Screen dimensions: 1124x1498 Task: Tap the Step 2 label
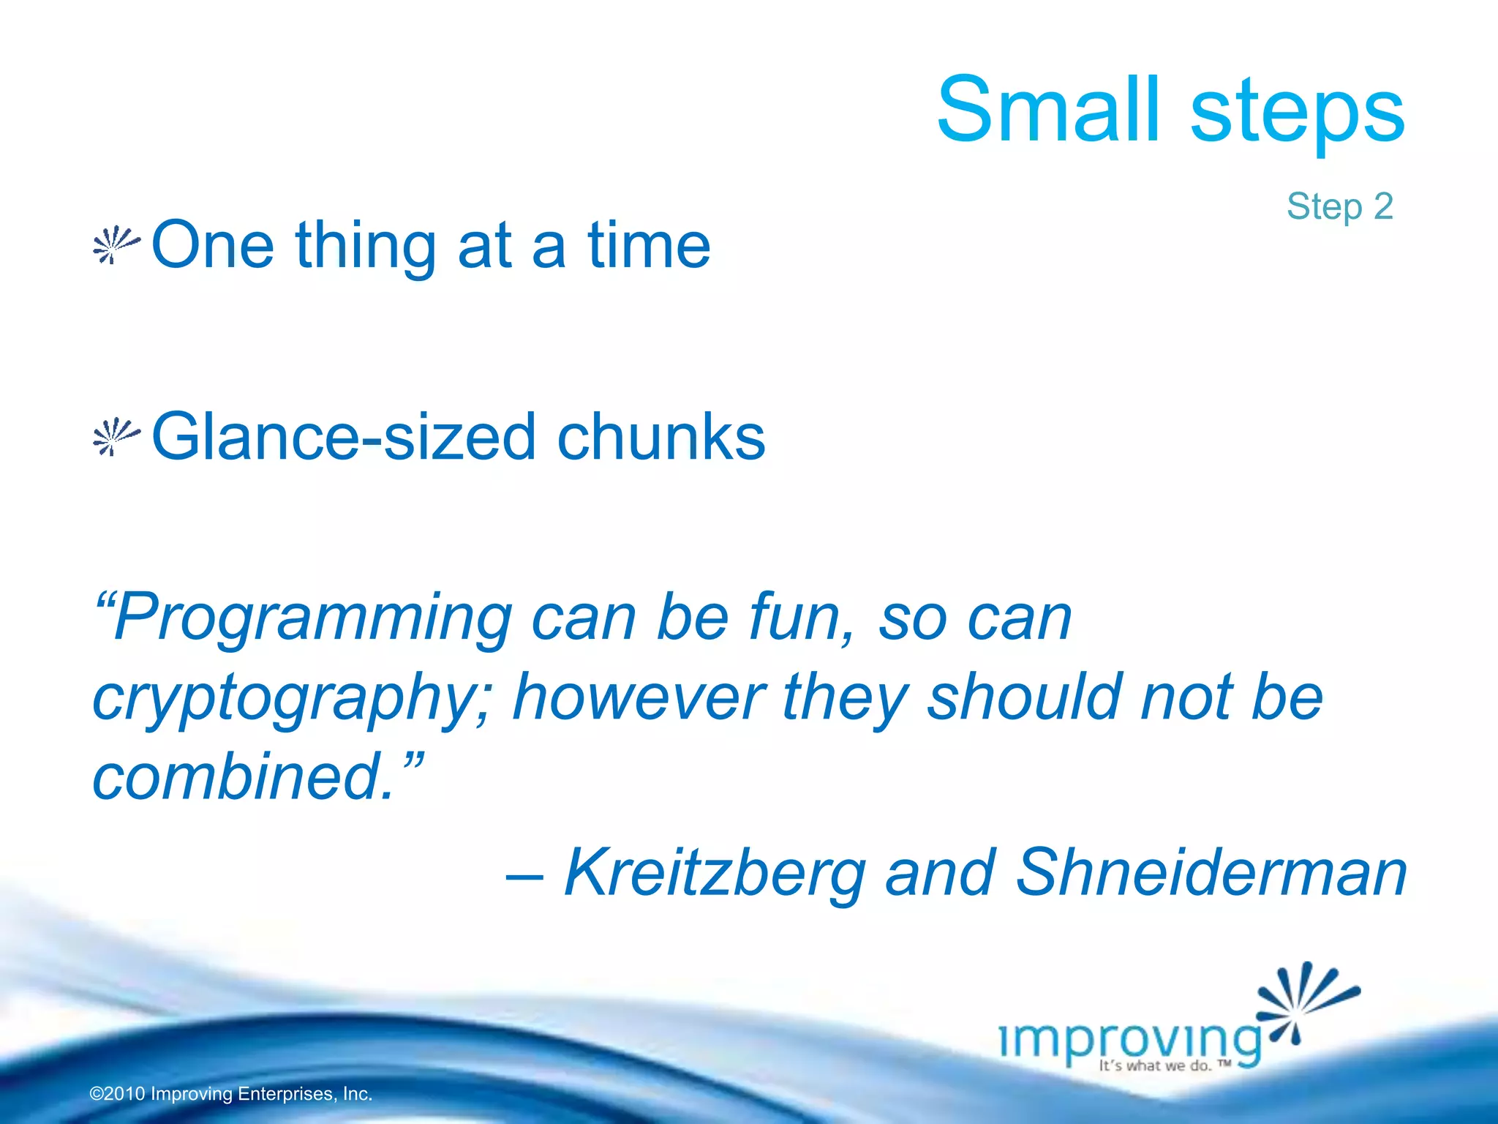[1339, 206]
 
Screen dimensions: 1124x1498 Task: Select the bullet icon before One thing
[116, 245]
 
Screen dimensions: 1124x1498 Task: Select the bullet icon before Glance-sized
[116, 437]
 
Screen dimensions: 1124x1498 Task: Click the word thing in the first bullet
[366, 247]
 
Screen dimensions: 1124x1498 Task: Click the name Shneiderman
[1211, 872]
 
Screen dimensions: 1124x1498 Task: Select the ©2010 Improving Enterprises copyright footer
[231, 1094]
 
